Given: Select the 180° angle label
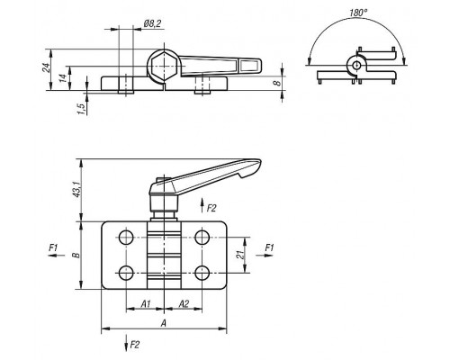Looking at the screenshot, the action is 358,13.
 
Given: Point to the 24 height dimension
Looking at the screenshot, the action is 46,67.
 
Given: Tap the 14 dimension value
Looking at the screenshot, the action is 62,78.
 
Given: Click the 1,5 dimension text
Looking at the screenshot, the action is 81,109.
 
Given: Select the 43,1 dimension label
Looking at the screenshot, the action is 77,190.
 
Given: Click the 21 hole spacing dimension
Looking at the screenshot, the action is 239,255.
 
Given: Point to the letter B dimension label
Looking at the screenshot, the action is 76,256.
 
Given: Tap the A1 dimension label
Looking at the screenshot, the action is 146,304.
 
